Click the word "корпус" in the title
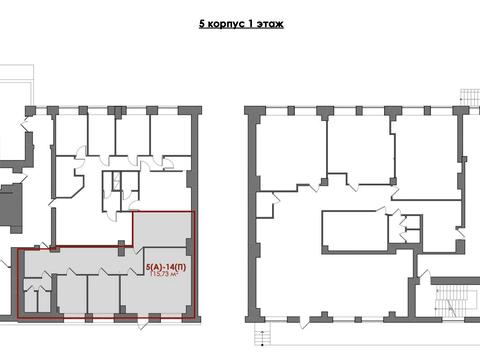click(224, 24)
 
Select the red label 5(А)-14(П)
click(166, 267)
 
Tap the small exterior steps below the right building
click(263, 335)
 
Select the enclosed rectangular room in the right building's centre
click(354, 231)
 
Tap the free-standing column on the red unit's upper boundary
click(121, 248)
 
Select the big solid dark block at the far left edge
click(11, 208)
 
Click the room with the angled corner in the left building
click(68, 178)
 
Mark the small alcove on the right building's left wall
click(265, 205)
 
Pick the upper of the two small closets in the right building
click(413, 222)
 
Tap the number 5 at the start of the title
click(202, 24)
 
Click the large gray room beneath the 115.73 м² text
click(154, 293)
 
